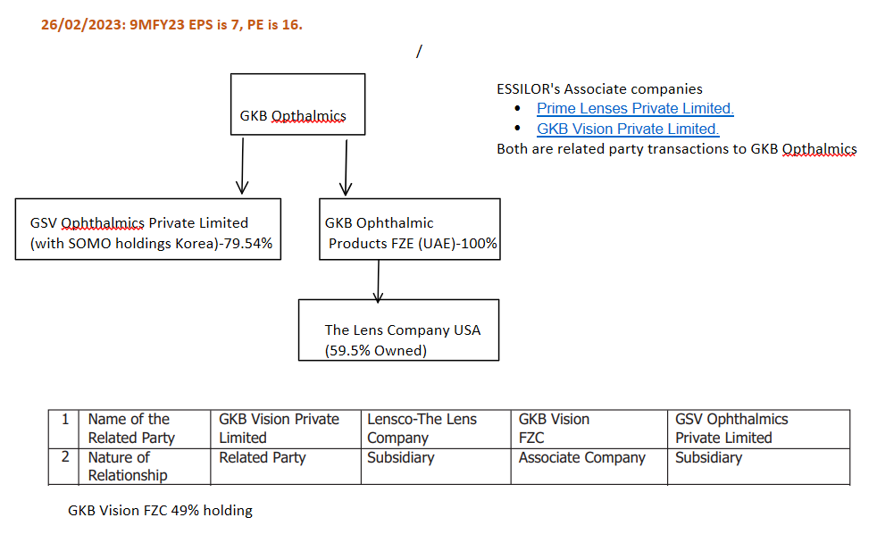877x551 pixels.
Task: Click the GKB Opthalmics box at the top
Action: point(297,104)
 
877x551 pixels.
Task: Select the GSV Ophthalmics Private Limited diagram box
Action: point(148,230)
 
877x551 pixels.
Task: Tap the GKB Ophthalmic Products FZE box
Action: point(409,230)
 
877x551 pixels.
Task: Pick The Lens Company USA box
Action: point(398,330)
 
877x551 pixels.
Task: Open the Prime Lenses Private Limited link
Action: point(635,109)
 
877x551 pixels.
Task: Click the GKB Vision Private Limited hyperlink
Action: point(628,129)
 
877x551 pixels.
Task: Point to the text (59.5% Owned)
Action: point(375,350)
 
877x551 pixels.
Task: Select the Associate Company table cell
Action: point(582,458)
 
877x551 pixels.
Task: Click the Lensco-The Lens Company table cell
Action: point(422,429)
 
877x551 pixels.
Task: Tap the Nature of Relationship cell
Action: point(127,466)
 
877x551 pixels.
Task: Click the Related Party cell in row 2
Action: point(263,458)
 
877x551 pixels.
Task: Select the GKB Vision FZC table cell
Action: point(554,429)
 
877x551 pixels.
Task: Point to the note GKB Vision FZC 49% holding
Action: point(161,511)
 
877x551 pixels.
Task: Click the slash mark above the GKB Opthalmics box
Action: point(418,51)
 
